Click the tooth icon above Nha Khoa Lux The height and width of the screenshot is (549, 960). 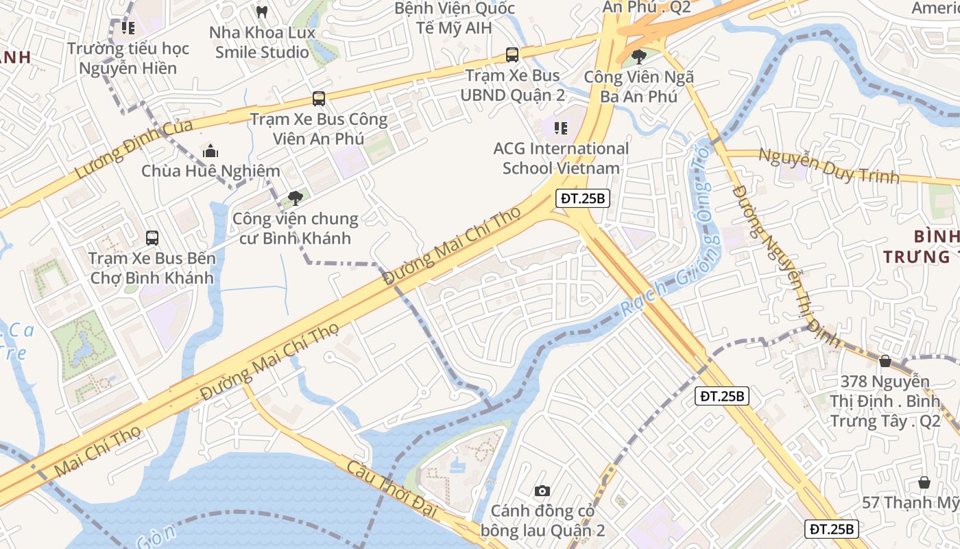point(261,12)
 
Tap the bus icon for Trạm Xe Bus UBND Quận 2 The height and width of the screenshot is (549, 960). point(512,54)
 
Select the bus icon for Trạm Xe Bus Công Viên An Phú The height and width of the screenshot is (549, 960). point(319,98)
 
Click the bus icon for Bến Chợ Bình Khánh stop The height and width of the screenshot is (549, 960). point(152,238)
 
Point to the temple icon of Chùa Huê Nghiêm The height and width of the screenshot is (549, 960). point(211,150)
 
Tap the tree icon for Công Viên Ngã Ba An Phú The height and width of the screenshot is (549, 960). point(639,56)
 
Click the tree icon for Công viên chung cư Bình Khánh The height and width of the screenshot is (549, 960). point(296,198)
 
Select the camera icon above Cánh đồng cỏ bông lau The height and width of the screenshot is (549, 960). point(542,491)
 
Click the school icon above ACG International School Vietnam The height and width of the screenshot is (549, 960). point(561,128)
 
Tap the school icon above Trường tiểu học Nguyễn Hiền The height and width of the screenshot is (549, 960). point(128,28)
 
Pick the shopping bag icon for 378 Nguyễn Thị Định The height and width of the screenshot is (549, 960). point(885,360)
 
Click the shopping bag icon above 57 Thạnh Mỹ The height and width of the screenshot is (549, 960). point(924,482)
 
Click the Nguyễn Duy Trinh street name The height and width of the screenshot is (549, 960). point(828,166)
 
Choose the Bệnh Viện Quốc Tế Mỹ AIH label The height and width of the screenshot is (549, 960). point(455,19)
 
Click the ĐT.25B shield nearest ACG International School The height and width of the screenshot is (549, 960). point(582,198)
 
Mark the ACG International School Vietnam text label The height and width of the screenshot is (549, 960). point(561,159)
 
